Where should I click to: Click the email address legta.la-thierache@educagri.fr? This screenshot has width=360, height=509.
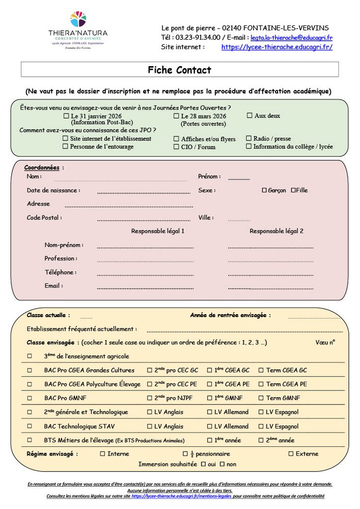pyautogui.click(x=291, y=37)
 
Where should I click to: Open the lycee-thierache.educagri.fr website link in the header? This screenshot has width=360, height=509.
pyautogui.click(x=276, y=47)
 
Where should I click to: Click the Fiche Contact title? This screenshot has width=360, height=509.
pyautogui.click(x=179, y=70)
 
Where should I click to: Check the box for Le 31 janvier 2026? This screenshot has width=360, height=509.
pyautogui.click(x=66, y=116)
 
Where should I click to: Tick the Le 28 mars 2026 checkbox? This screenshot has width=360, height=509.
pyautogui.click(x=176, y=116)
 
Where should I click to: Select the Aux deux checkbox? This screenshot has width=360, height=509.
pyautogui.click(x=250, y=116)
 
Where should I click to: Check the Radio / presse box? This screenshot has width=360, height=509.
pyautogui.click(x=248, y=138)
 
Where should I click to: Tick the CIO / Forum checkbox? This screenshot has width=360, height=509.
pyautogui.click(x=176, y=147)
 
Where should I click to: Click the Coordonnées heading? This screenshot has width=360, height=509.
pyautogui.click(x=42, y=167)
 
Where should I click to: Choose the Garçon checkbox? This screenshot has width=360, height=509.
pyautogui.click(x=264, y=190)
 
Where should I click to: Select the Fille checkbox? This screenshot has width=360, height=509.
pyautogui.click(x=293, y=190)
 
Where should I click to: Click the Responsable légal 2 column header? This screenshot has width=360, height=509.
pyautogui.click(x=276, y=231)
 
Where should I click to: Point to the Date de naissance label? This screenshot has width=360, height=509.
pyautogui.click(x=53, y=190)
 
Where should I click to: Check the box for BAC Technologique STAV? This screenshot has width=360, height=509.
pyautogui.click(x=30, y=426)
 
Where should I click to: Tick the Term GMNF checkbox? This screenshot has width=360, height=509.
pyautogui.click(x=261, y=398)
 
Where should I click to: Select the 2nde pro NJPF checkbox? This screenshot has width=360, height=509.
pyautogui.click(x=150, y=398)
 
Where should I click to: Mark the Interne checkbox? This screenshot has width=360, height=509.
pyautogui.click(x=102, y=454)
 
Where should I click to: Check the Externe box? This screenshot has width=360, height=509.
pyautogui.click(x=291, y=454)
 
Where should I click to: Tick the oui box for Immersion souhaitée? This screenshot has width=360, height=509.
pyautogui.click(x=203, y=464)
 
